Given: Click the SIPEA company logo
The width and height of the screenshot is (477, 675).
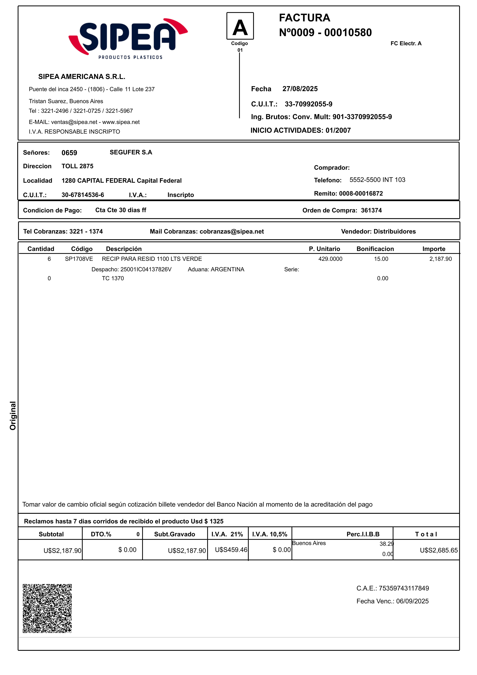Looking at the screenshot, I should click(128, 38).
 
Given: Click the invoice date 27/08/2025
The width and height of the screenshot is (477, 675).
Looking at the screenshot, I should click(300, 89).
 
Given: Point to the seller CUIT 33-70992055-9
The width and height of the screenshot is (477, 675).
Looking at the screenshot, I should click(308, 104).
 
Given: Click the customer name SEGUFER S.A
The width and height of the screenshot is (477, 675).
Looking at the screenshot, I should click(131, 152).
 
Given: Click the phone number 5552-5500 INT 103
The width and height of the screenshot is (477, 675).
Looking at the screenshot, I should click(377, 180).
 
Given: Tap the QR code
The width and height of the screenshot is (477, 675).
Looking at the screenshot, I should click(47, 608).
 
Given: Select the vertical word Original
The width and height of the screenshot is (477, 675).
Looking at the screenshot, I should click(13, 415).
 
